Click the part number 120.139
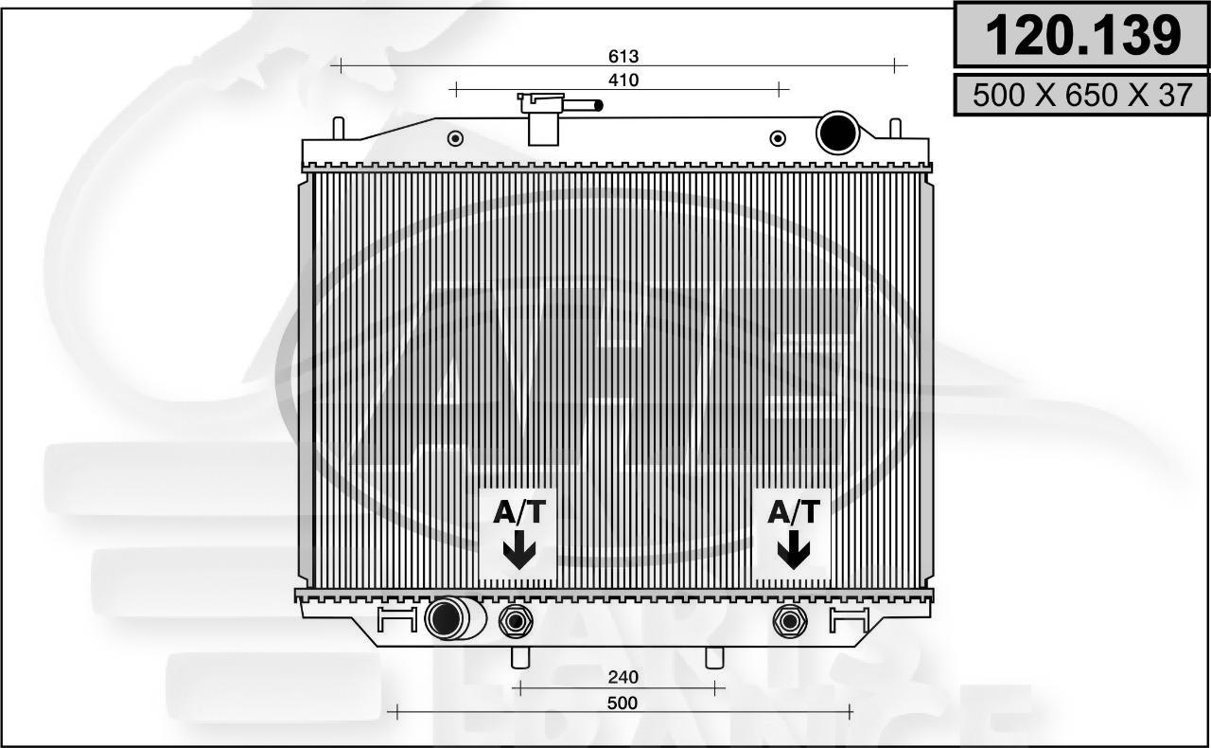point(1082,36)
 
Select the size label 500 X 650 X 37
point(1082,96)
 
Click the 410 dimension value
point(623,80)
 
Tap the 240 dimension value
point(623,677)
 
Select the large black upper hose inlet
point(837,133)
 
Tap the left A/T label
point(519,512)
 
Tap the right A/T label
point(793,512)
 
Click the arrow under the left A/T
point(519,550)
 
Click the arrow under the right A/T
point(793,550)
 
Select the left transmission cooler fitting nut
point(516,621)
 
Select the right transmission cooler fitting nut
point(787,621)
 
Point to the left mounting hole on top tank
point(455,138)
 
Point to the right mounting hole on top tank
point(778,138)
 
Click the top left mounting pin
point(338,128)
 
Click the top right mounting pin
point(895,128)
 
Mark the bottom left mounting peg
point(518,656)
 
